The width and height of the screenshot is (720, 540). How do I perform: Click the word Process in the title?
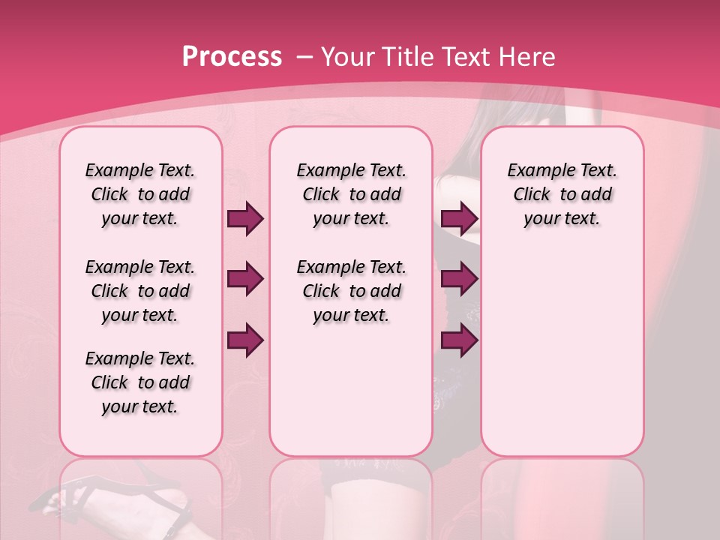tap(232, 57)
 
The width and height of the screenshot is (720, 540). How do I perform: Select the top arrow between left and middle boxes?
tap(245, 219)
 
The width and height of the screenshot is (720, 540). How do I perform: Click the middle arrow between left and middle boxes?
tap(245, 280)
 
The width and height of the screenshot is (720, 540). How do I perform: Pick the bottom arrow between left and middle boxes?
tap(245, 340)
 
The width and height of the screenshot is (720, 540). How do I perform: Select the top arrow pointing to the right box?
tap(459, 219)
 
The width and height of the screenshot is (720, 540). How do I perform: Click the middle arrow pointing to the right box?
tap(459, 280)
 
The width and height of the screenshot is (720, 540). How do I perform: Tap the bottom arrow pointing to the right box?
tap(459, 340)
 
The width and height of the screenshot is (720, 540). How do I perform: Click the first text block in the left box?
tap(140, 194)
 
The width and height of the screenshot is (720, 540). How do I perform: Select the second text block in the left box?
tap(140, 291)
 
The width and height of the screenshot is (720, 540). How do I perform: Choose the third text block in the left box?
tap(140, 382)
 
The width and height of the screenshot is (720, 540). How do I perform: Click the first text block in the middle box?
tap(351, 194)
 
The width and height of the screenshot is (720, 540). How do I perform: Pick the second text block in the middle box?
tap(351, 291)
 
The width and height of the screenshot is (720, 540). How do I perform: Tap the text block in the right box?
tap(562, 194)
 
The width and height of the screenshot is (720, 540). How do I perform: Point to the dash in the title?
tap(304, 58)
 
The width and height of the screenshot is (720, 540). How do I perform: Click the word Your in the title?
tap(347, 57)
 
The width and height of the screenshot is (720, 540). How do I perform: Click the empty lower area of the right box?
tap(562, 360)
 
